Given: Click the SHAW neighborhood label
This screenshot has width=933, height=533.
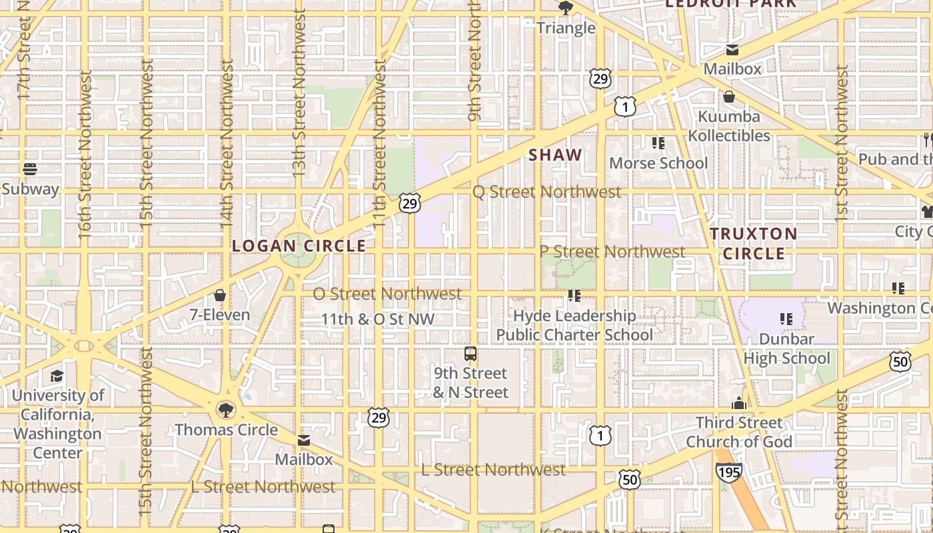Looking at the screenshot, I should pyautogui.click(x=555, y=155).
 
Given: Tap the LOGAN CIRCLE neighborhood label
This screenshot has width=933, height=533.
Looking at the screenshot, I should pyautogui.click(x=299, y=246).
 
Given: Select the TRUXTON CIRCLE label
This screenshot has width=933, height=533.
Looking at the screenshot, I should pyautogui.click(x=754, y=243).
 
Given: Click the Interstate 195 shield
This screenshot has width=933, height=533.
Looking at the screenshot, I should pyautogui.click(x=729, y=472).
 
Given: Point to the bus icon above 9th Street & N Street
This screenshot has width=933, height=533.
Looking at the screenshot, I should pyautogui.click(x=470, y=354).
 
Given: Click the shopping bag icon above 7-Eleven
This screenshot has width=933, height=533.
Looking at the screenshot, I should pyautogui.click(x=220, y=295).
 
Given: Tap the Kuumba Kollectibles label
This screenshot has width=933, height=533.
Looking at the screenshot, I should pyautogui.click(x=729, y=126).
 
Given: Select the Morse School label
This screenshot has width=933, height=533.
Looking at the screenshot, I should pyautogui.click(x=658, y=163).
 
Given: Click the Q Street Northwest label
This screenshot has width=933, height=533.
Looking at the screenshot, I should pyautogui.click(x=546, y=192).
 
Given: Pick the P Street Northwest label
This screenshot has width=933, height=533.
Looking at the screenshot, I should pyautogui.click(x=612, y=252).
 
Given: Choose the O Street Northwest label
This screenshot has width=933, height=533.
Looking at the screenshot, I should pyautogui.click(x=387, y=293).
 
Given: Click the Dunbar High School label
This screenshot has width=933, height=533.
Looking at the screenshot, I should pyautogui.click(x=787, y=348).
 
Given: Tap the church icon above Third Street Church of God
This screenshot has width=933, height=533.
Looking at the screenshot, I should pyautogui.click(x=738, y=403).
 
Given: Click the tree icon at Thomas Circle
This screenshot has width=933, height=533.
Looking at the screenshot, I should pyautogui.click(x=226, y=409).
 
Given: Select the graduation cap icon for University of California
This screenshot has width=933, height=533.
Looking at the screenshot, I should pyautogui.click(x=57, y=376).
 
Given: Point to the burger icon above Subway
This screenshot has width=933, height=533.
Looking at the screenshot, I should pyautogui.click(x=29, y=169).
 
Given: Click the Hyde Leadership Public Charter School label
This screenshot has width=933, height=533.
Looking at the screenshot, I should pyautogui.click(x=574, y=325).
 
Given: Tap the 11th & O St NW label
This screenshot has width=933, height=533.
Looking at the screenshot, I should pyautogui.click(x=378, y=319).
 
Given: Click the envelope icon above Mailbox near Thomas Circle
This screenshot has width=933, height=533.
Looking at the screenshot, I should pyautogui.click(x=304, y=440).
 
